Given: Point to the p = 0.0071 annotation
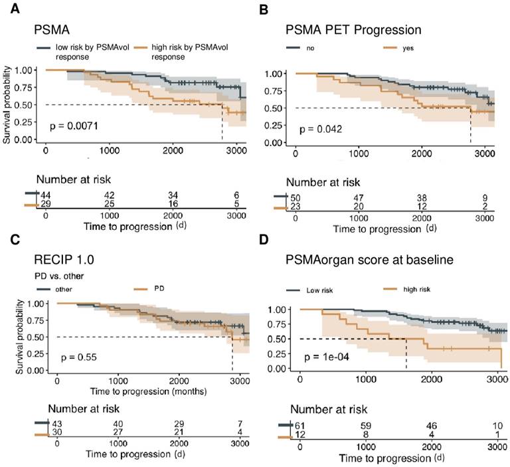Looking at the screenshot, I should pos(75,124).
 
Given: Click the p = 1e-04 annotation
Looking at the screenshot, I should pos(329,357).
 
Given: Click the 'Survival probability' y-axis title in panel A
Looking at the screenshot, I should pos(9,104).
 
